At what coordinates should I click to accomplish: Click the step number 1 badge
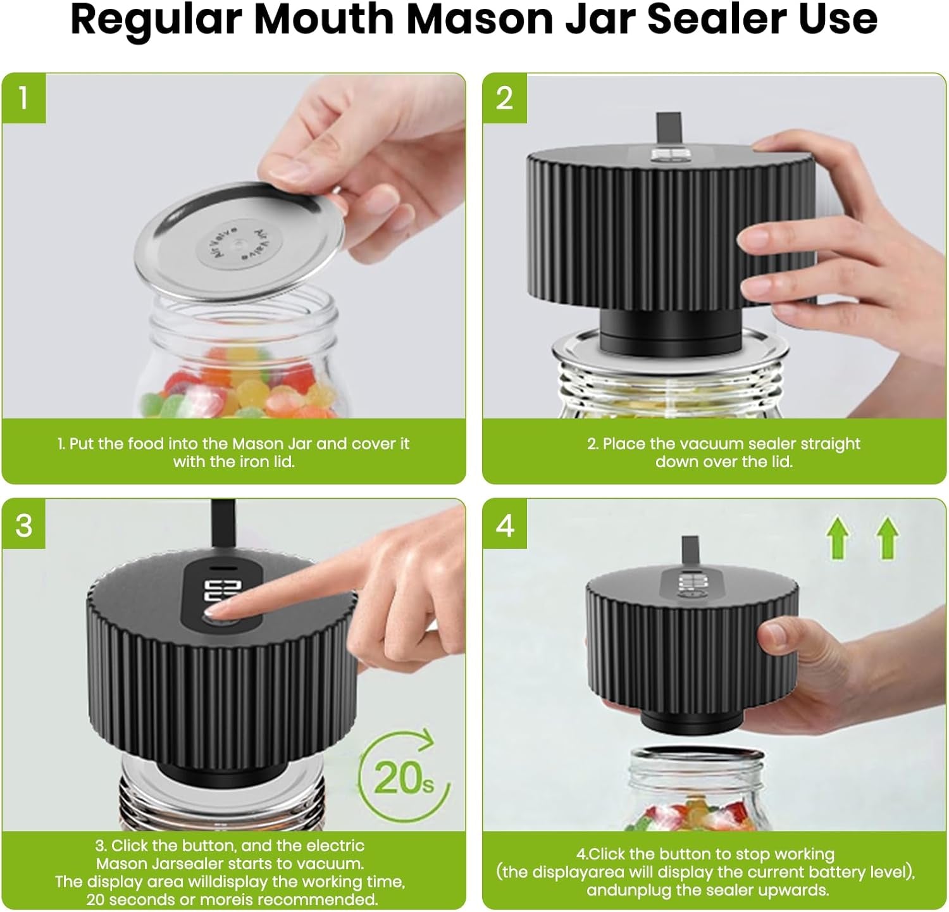[x=23, y=98]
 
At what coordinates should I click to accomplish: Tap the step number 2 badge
[x=504, y=98]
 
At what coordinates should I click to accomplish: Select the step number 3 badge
[x=23, y=525]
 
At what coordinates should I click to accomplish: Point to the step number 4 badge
[x=504, y=525]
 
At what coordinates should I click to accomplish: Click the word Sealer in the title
[x=716, y=19]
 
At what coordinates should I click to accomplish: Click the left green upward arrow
[x=838, y=537]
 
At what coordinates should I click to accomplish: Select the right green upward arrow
[x=888, y=537]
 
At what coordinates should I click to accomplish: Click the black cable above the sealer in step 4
[x=690, y=551]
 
